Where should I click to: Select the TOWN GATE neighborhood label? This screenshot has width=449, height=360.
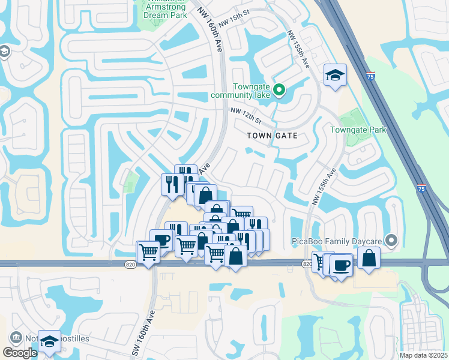tap(273, 136)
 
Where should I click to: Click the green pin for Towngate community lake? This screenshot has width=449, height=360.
tap(279, 91)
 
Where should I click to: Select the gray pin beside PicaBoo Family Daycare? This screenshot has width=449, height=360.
tap(392, 241)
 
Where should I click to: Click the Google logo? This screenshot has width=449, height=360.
tap(20, 353)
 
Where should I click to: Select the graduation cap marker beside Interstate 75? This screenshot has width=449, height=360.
tap(335, 75)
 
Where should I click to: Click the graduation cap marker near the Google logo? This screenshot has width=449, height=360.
tap(49, 341)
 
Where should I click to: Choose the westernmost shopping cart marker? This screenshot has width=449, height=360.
tap(148, 252)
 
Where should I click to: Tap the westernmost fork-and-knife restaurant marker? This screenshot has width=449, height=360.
tap(172, 184)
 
